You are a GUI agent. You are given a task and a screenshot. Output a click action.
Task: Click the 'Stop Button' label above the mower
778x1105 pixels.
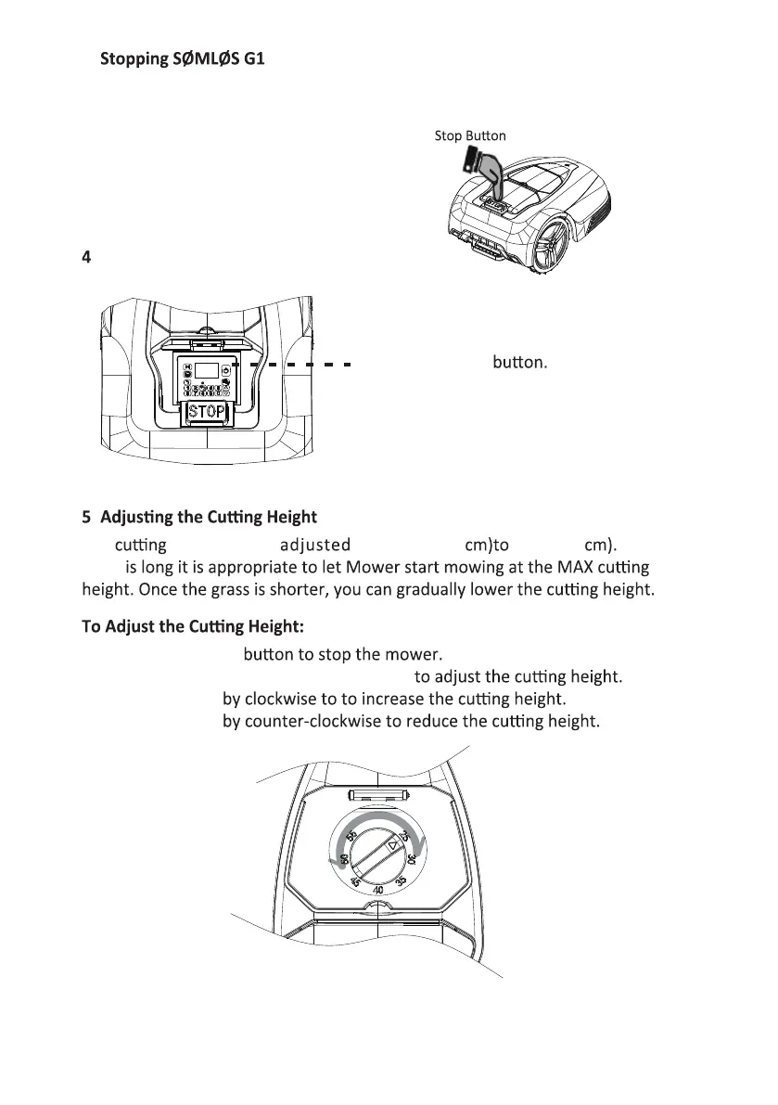(470, 136)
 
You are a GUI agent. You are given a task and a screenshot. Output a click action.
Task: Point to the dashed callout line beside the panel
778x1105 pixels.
(292, 364)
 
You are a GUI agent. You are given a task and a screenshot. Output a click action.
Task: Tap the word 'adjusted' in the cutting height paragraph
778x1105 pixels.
(314, 545)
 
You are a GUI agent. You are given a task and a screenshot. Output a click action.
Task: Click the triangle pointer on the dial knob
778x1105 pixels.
(393, 846)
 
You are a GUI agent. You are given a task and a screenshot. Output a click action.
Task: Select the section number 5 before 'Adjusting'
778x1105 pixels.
(87, 518)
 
